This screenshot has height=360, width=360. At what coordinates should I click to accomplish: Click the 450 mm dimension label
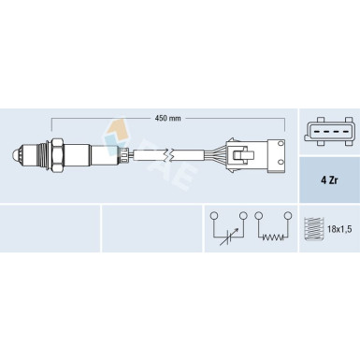point(168,118)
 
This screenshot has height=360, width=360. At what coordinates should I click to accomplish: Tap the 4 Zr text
point(329,180)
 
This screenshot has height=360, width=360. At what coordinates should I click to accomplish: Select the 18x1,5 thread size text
point(339,229)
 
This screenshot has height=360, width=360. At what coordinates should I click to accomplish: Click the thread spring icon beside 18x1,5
point(313,229)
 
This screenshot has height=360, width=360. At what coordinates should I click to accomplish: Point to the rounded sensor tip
point(16,154)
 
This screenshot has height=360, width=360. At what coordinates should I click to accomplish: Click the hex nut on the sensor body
point(57,155)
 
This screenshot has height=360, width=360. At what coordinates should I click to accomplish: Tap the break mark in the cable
point(168,155)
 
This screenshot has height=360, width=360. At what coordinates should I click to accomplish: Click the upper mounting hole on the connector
point(281,143)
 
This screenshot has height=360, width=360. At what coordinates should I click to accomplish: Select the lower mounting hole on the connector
point(281,162)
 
